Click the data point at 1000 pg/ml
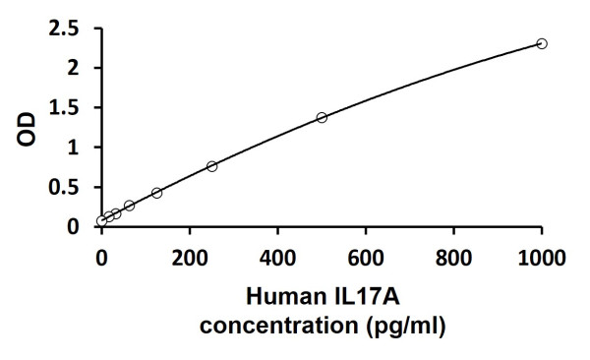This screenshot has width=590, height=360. coord(542,43)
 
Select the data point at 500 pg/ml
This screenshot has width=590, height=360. coord(322,117)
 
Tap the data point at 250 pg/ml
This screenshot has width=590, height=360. coord(211,166)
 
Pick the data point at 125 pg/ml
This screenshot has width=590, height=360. coord(156,193)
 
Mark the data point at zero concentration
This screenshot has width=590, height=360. coord(101,221)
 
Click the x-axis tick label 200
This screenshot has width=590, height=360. coord(189,258)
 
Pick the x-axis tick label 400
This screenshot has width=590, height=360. coord(277,258)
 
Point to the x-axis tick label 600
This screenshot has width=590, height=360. coord(366,258)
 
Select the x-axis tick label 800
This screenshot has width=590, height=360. coord(453,258)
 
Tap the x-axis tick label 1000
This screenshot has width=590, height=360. coord(541,258)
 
